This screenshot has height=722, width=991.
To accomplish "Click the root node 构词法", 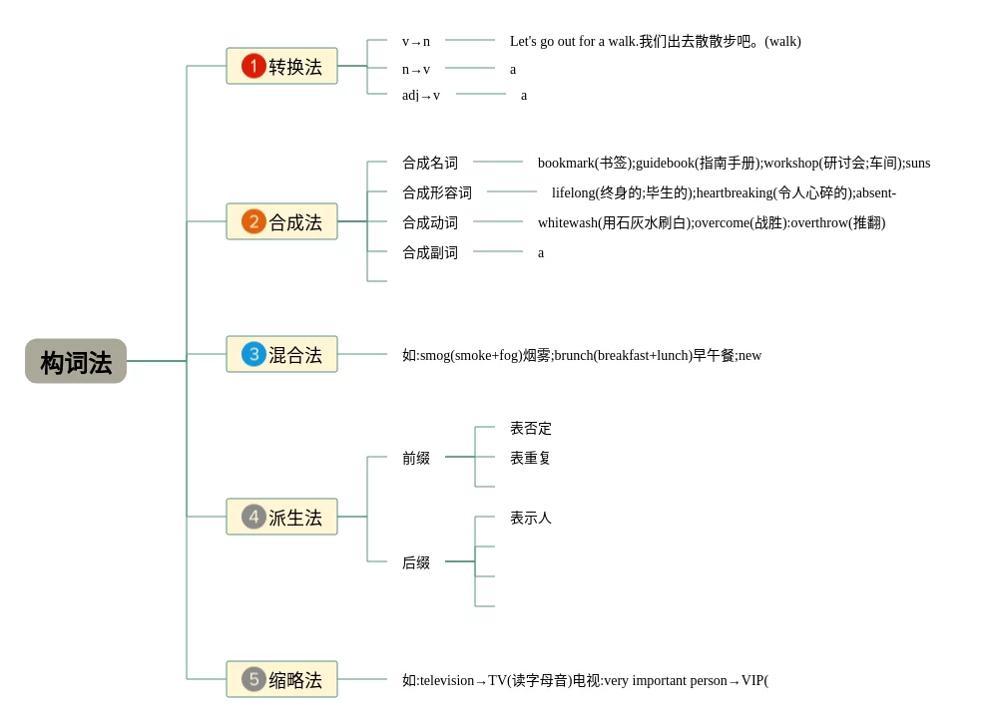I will [x=76, y=361].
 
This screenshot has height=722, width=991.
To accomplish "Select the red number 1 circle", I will [x=253, y=66].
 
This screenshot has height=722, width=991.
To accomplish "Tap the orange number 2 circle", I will [x=253, y=221].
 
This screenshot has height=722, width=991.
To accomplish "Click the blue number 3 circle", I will [x=253, y=354].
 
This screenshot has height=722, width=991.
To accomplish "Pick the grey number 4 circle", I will [x=253, y=517].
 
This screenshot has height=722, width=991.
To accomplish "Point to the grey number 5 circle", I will [x=253, y=679].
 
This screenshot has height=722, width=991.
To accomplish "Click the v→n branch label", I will [x=416, y=42].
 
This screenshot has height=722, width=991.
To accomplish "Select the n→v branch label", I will [x=416, y=70].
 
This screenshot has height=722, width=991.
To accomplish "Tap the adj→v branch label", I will [x=421, y=96].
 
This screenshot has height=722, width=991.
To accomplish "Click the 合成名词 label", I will [x=430, y=163].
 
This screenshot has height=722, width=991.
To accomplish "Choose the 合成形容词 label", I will [x=437, y=192].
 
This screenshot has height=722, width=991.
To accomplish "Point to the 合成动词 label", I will [x=430, y=222].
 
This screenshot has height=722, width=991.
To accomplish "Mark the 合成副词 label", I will [x=430, y=252].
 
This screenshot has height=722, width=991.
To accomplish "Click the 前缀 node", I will [x=416, y=458].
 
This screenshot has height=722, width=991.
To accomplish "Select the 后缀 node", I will [x=416, y=562].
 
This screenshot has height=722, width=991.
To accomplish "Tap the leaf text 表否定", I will [x=531, y=428].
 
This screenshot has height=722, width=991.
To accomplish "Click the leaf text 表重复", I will [x=531, y=458].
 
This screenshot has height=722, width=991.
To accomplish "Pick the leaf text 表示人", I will [x=531, y=518].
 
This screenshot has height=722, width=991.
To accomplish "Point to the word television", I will [x=447, y=680].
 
